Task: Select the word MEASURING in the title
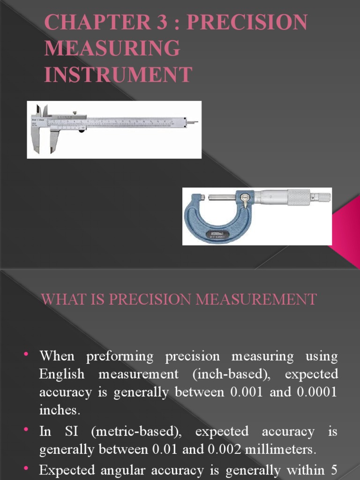[x=112, y=49]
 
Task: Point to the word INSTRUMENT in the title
[x=118, y=75]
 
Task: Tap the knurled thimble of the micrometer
[x=298, y=197]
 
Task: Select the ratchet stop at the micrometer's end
[x=322, y=197]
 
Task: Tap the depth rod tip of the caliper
[x=192, y=122]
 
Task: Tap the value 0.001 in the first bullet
[x=247, y=392]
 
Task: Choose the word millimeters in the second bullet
[x=281, y=450]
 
